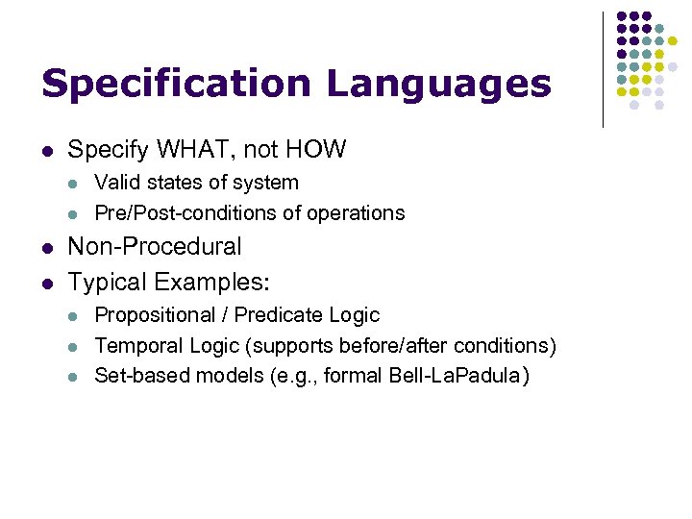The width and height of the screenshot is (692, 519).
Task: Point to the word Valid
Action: (115, 183)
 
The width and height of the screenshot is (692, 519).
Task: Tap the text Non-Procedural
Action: (155, 247)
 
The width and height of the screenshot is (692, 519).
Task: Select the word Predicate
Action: (275, 315)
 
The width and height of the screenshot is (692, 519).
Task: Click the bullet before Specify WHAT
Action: (47, 151)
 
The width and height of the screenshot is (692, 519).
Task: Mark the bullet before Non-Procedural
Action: (47, 248)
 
